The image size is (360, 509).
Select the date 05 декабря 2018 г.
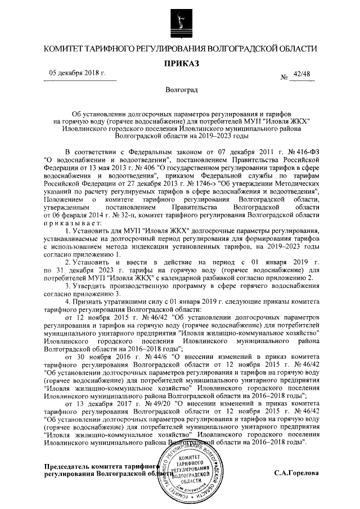coord(78,74)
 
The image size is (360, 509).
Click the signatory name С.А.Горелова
coord(296,473)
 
